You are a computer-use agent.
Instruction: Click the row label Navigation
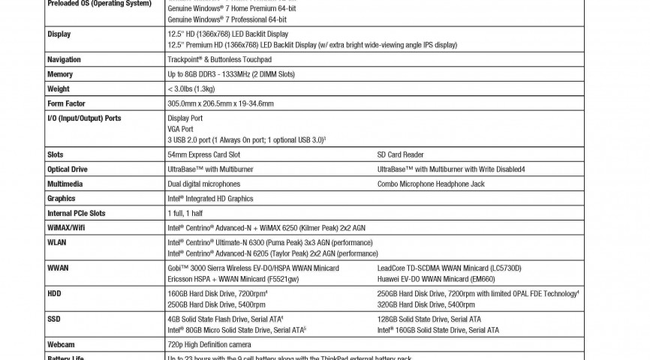click(64, 60)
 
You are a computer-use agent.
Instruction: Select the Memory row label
click(60, 74)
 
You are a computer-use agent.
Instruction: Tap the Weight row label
click(59, 89)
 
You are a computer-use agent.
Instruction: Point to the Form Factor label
click(66, 103)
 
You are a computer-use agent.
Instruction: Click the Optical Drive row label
click(68, 169)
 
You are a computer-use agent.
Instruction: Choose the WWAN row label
click(58, 268)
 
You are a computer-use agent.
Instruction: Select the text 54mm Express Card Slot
click(203, 155)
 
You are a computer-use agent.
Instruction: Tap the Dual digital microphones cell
click(204, 184)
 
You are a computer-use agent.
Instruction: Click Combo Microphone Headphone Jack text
click(431, 184)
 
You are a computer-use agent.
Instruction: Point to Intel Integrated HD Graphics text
click(210, 199)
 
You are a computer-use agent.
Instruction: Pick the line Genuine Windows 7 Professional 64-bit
click(227, 18)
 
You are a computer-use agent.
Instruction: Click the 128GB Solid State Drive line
click(429, 319)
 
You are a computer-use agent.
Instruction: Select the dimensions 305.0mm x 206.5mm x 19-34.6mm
click(221, 103)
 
